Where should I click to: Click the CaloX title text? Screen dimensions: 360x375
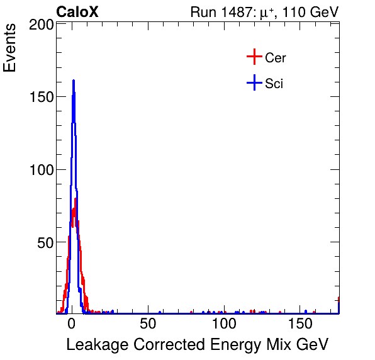pyautogui.click(x=77, y=12)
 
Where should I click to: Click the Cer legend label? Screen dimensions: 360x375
pyautogui.click(x=276, y=58)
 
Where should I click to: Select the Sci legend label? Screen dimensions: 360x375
pyautogui.click(x=274, y=84)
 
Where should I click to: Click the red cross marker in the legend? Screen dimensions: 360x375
pyautogui.click(x=254, y=57)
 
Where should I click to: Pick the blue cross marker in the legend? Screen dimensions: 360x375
pyautogui.click(x=254, y=83)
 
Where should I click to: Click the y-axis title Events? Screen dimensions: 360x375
pyautogui.click(x=11, y=48)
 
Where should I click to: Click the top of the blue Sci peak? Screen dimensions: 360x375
pyautogui.click(x=74, y=81)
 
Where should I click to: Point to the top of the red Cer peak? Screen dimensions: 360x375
pyautogui.click(x=76, y=200)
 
